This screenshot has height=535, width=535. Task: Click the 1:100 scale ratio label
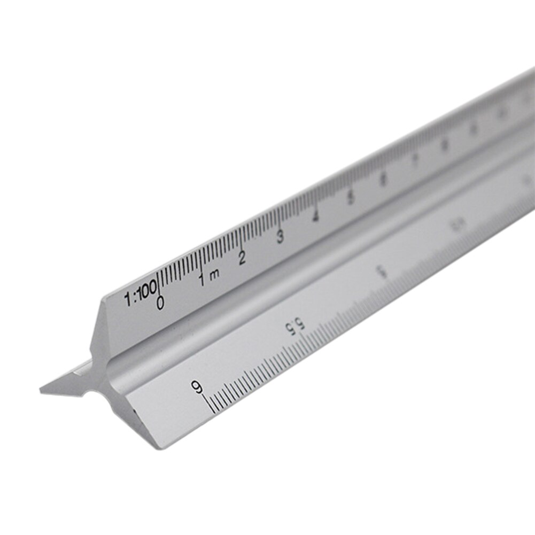141,295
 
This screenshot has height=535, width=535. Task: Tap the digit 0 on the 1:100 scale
160,303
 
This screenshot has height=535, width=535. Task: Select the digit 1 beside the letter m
202,279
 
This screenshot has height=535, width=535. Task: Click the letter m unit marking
214,275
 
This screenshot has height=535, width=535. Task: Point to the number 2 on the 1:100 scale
242,258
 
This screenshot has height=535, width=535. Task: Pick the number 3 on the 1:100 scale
280,237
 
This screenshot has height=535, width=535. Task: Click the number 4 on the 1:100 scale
316,216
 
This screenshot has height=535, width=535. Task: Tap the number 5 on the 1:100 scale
350,197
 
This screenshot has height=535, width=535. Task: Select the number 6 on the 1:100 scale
383,180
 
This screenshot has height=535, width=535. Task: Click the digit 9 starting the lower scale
198,386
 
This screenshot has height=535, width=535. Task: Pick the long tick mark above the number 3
278,218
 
